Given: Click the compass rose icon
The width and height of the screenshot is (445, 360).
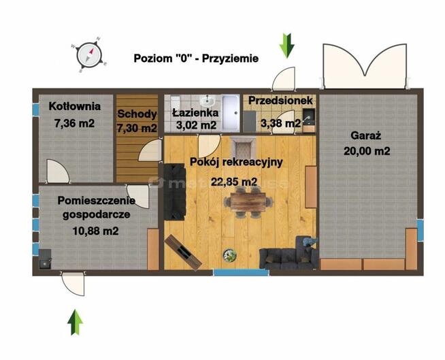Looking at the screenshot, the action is [89, 54].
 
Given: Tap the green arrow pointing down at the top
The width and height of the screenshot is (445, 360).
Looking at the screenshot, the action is [287, 46].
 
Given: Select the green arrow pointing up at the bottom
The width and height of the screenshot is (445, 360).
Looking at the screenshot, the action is [76, 322].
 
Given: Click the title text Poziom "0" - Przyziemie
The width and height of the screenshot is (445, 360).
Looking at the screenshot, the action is [196, 59].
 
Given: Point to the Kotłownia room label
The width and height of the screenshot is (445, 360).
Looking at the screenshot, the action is [75, 106].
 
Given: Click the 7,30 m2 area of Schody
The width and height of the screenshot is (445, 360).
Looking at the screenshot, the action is [137, 129].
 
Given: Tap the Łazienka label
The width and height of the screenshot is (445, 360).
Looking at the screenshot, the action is [195, 113].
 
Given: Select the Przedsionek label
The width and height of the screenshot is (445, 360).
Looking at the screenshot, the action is [280, 100].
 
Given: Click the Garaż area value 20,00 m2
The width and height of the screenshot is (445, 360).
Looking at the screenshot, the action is [367, 151].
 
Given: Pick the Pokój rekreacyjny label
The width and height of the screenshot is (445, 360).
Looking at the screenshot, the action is [236, 162].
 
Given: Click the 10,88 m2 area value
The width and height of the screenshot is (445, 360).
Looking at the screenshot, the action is [96, 231].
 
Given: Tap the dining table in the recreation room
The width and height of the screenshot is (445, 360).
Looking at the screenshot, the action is [248, 202].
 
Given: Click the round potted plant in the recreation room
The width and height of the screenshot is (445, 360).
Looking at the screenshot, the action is [229, 255].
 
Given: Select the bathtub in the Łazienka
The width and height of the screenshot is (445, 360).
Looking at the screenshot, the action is [230, 113].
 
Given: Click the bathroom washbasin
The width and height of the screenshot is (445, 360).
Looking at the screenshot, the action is [208, 100].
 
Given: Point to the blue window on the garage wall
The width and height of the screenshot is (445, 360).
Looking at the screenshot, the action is [420, 230].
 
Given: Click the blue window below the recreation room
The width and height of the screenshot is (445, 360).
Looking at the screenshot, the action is [241, 273].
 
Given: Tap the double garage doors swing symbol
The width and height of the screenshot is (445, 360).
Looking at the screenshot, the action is [365, 66].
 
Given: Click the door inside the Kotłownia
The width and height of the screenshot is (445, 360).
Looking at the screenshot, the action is [58, 171].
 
